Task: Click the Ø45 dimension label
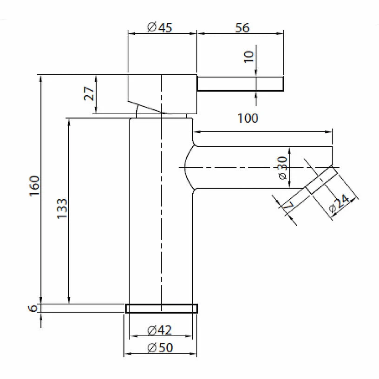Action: pyautogui.click(x=159, y=27)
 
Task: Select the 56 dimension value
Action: pyautogui.click(x=242, y=27)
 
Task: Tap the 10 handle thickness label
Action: pyautogui.click(x=249, y=57)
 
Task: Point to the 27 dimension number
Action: pyautogui.click(x=89, y=93)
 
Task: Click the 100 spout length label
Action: pyautogui.click(x=248, y=118)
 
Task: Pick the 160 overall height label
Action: pyautogui.click(x=34, y=186)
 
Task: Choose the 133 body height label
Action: pyautogui.click(x=62, y=209)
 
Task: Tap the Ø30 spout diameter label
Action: pyautogui.click(x=282, y=168)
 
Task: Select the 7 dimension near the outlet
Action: pyautogui.click(x=288, y=206)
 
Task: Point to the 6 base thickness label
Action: pyautogui.click(x=33, y=308)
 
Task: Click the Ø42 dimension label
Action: pyautogui.click(x=159, y=330)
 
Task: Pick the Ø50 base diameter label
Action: pyautogui.click(x=160, y=347)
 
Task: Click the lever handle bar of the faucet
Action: pyautogui.click(x=240, y=84)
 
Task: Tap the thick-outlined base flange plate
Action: pyautogui.click(x=162, y=308)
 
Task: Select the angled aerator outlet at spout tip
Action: pyautogui.click(x=321, y=180)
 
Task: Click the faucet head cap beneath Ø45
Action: pyautogui.click(x=162, y=94)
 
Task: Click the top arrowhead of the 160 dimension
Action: pyautogui.click(x=41, y=78)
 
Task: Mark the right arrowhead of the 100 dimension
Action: pyautogui.click(x=329, y=132)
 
